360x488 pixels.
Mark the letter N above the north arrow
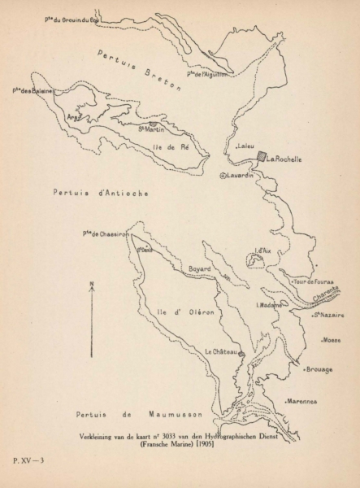[92, 284]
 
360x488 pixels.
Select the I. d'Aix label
[262, 251]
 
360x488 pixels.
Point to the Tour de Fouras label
[314, 281]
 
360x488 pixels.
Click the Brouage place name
[319, 369]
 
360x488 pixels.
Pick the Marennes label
[302, 401]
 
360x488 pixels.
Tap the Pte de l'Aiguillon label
[208, 74]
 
